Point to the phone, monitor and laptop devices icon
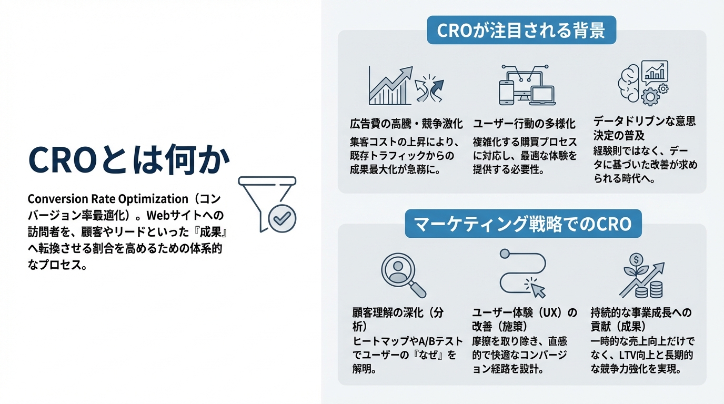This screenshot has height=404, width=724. tap(527, 85)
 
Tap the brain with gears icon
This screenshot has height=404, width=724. tap(642, 84)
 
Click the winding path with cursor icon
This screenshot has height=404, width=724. tap(522, 274)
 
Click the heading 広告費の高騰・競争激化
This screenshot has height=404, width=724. tap(406, 124)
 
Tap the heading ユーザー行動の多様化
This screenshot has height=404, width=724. tap(524, 124)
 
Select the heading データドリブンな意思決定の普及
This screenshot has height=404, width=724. tap(644, 128)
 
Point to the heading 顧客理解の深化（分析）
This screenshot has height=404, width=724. tap(398, 319)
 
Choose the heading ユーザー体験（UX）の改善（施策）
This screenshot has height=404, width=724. tap(524, 319)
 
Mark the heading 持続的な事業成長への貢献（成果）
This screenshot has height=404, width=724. tap(641, 319)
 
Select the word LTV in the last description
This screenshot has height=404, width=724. tap(622, 355)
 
